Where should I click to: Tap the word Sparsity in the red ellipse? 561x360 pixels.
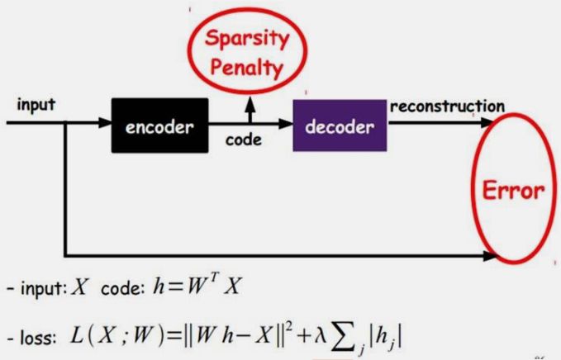tap(247, 40)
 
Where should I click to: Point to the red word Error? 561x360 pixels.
tap(514, 192)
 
